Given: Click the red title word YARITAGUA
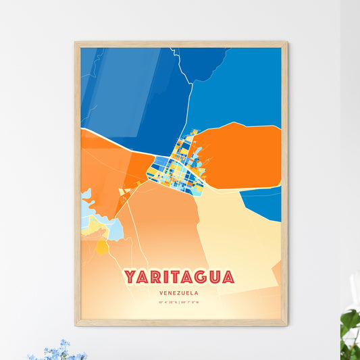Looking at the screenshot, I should coord(179,277).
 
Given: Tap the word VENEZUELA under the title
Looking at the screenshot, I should coord(180,293).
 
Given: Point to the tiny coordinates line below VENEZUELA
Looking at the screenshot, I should coord(180,303).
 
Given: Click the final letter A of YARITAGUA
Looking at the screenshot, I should coord(228,277).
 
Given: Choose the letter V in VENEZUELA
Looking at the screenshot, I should coord(162,293).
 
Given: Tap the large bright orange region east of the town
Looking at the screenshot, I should coord(240,155).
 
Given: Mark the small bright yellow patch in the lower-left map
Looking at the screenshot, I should coord(102,248).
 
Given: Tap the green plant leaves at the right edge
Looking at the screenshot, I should coord(350,324).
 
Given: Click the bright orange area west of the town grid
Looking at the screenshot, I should coord(108,172).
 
